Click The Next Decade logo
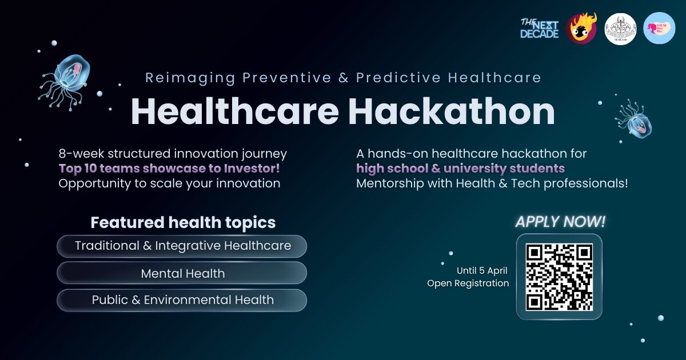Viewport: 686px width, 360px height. coord(539,28)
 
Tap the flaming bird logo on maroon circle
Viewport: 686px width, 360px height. coord(581,28)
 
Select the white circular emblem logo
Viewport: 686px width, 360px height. coord(620,28)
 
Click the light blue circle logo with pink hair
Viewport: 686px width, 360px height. coord(659,28)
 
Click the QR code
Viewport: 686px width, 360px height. coord(559,277)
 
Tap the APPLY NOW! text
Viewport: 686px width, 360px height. coord(560,222)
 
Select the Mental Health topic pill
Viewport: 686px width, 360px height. coord(182,273)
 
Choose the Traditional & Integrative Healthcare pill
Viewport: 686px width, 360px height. coord(182,246)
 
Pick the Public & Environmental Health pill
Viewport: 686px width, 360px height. coord(182,300)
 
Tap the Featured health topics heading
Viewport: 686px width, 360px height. coord(183,222)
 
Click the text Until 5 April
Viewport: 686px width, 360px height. coord(481,270)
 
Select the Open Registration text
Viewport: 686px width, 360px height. coord(468,283)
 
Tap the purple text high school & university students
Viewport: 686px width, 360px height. coord(460,169)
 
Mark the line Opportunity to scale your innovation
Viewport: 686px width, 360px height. coord(169,183)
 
